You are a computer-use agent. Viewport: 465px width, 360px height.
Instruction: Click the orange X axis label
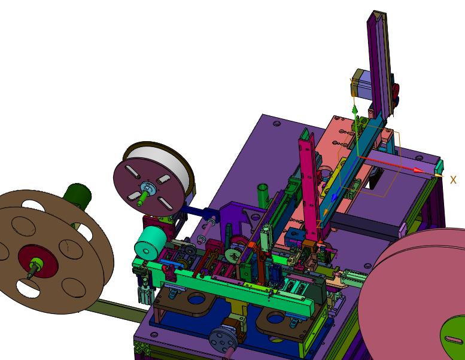(453, 180)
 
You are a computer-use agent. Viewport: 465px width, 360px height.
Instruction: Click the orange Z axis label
(319, 224)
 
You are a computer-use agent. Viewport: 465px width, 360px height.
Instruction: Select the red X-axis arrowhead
(419, 170)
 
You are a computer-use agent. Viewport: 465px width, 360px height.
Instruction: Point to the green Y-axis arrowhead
(354, 110)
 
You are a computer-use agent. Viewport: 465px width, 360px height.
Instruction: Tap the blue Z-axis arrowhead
(335, 197)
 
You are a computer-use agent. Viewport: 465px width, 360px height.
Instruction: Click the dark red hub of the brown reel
(37, 261)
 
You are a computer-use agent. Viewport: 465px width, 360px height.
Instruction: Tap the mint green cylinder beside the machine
(150, 240)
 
